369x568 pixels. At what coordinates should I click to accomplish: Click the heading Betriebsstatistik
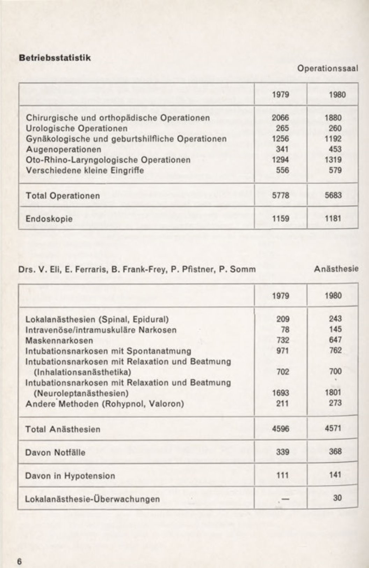55,58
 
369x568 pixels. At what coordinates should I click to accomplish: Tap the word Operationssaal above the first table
328,68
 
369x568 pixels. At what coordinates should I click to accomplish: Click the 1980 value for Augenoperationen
335,149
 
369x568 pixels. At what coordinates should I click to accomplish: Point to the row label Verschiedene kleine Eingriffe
85,171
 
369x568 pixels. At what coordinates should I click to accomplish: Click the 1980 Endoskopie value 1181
333,219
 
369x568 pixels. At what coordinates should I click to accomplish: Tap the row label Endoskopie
49,219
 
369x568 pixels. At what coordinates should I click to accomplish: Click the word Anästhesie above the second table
336,269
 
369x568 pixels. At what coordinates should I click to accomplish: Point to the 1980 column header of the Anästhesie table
333,296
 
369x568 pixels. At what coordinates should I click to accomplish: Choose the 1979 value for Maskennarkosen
282,340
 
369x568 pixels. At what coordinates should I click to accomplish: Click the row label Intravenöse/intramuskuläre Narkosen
101,330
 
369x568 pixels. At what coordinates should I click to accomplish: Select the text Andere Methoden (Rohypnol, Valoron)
104,404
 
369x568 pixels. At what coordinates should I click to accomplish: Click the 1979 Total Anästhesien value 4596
281,429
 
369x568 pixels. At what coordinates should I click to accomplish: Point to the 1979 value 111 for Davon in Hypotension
283,475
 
